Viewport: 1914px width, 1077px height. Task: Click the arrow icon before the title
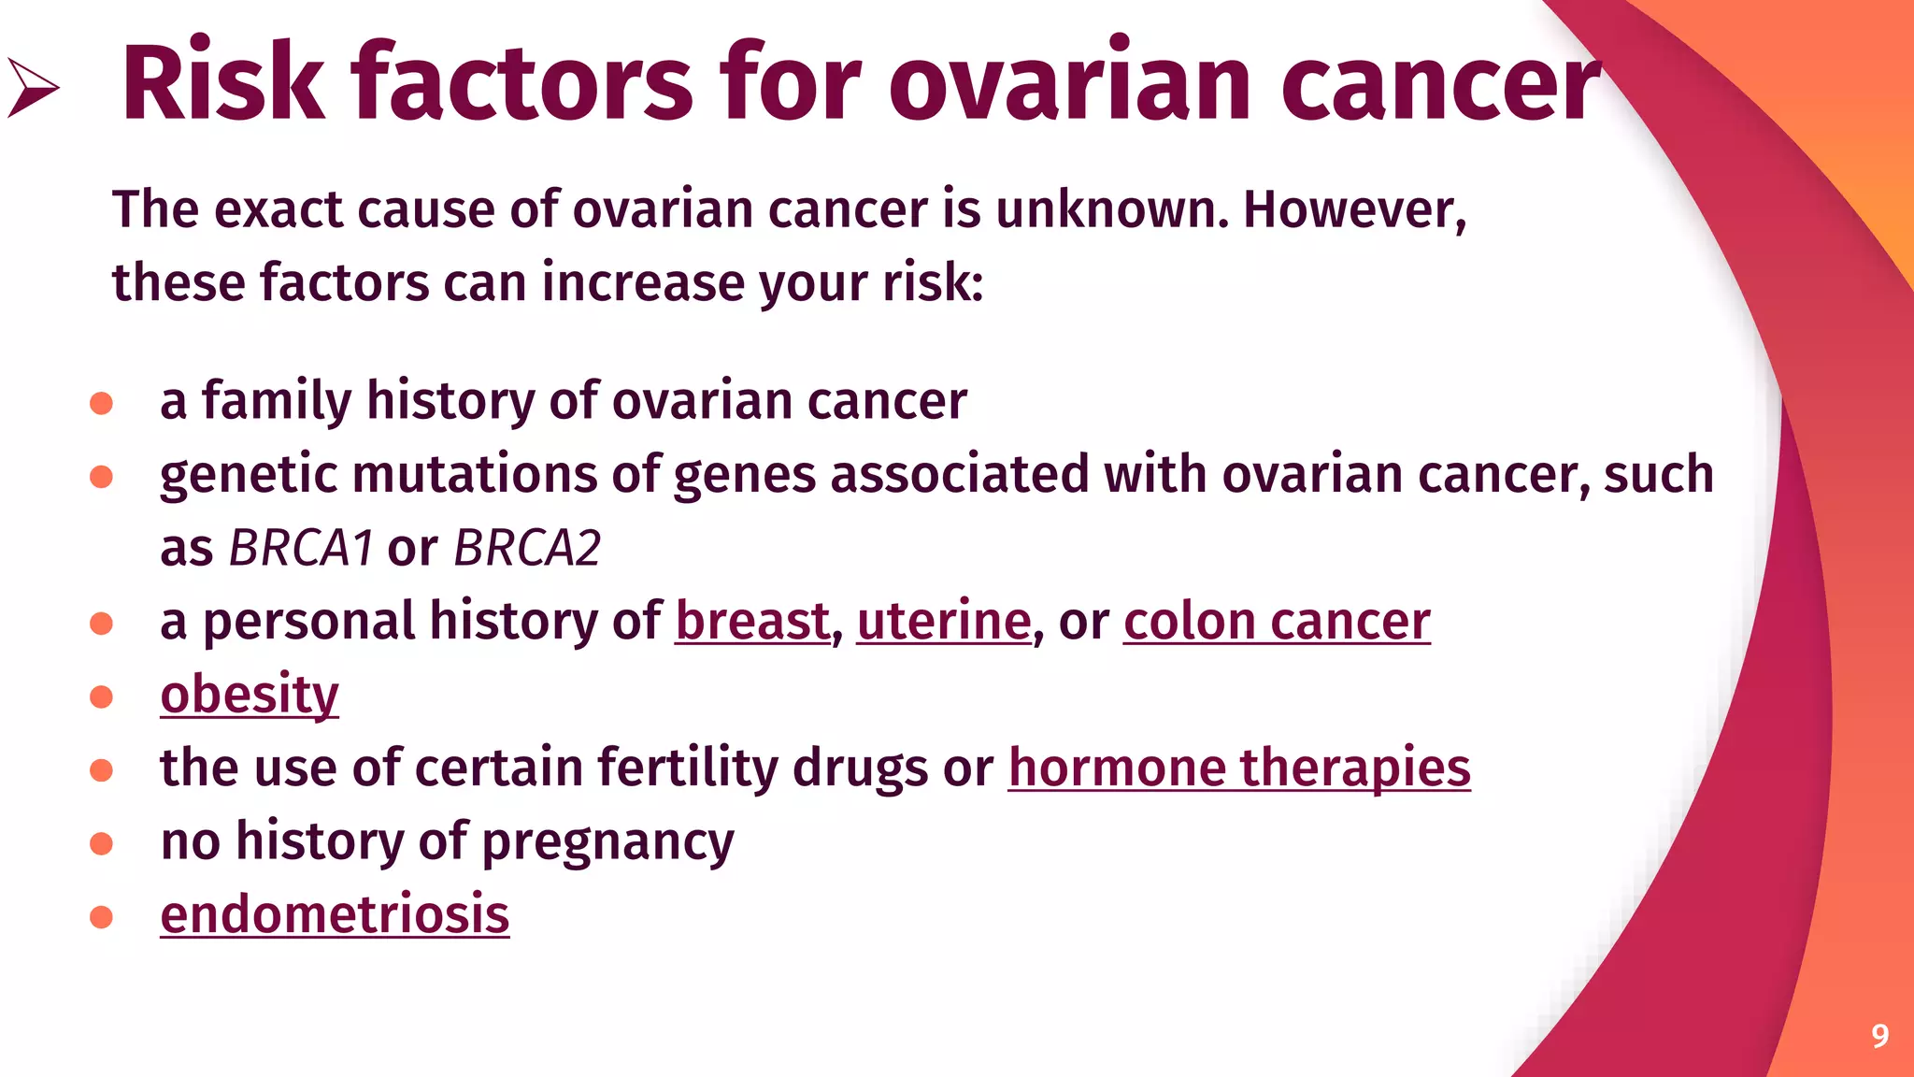click(33, 88)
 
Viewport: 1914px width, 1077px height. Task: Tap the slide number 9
click(1879, 1036)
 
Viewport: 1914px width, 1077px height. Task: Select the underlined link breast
click(752, 621)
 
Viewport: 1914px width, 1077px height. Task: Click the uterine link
click(943, 621)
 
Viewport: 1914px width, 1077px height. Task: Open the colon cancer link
click(1276, 621)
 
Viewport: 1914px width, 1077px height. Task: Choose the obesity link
click(249, 695)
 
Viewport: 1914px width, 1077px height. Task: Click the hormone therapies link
click(1238, 768)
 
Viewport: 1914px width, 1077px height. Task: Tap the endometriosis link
click(335, 914)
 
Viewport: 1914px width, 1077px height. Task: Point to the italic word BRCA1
click(301, 548)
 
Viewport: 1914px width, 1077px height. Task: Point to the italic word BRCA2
click(526, 548)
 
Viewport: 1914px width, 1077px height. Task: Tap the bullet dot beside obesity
click(101, 696)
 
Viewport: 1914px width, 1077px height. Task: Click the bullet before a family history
click(101, 403)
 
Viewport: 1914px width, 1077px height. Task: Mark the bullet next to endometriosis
click(101, 916)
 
